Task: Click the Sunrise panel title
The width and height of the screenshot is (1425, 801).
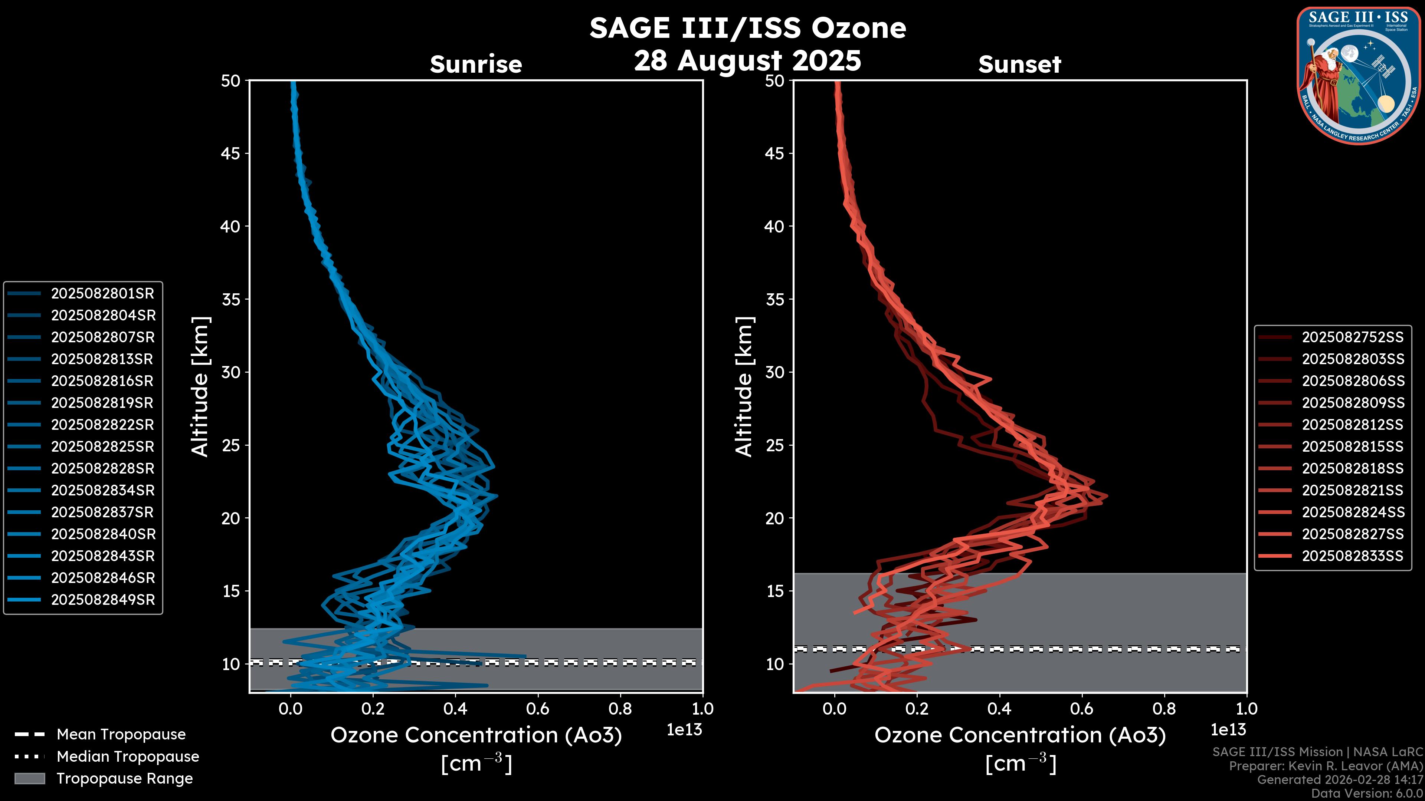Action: [x=476, y=64]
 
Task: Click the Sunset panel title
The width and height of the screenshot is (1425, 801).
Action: [x=1019, y=64]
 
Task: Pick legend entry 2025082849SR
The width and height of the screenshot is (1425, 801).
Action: [x=103, y=600]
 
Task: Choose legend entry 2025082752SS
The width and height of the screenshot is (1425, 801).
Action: [x=1353, y=337]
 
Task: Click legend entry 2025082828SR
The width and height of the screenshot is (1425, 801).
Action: [x=103, y=468]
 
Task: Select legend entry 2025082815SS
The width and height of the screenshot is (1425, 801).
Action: [x=1353, y=446]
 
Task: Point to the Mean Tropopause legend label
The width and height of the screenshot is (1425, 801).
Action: [x=121, y=734]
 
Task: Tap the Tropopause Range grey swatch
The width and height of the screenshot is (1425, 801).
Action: [x=29, y=778]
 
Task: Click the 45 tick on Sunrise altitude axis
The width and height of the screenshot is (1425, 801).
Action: [x=231, y=153]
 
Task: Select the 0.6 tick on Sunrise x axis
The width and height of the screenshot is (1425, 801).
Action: [x=538, y=709]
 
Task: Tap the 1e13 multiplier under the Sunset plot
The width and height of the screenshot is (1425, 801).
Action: [x=1228, y=730]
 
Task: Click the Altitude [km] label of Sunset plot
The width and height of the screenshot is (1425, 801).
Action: [x=744, y=387]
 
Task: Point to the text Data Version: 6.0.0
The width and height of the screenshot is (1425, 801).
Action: [x=1367, y=794]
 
